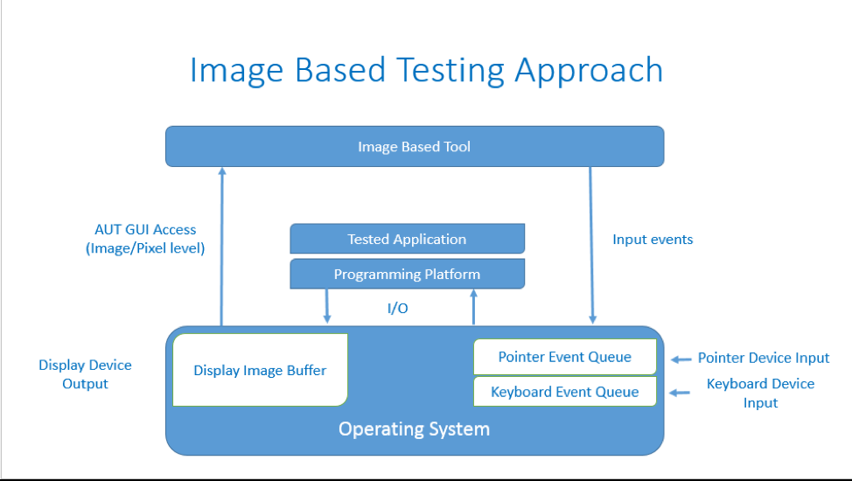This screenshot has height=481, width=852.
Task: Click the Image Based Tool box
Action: (x=414, y=147)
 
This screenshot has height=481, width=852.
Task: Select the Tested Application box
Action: (x=407, y=239)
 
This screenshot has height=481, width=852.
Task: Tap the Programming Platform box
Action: (x=407, y=275)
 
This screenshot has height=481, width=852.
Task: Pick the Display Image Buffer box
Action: (x=260, y=370)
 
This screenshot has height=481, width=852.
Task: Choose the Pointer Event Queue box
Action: (x=564, y=357)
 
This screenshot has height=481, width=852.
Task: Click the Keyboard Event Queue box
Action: (x=564, y=392)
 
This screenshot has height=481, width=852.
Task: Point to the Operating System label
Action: (x=414, y=429)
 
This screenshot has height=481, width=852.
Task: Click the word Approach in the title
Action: (x=589, y=70)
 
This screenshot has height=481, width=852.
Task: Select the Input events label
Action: (x=653, y=240)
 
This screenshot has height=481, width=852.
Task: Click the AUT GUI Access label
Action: (x=145, y=229)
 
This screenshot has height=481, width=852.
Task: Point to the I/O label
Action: (x=398, y=309)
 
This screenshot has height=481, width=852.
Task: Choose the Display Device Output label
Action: (x=85, y=374)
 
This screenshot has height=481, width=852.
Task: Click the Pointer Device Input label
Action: (x=764, y=358)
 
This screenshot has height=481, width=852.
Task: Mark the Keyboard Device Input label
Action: (x=760, y=393)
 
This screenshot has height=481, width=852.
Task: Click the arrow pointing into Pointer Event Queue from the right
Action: (x=681, y=359)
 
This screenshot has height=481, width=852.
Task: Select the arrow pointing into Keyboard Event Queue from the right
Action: (x=681, y=393)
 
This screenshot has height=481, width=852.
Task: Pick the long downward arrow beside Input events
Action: (x=592, y=245)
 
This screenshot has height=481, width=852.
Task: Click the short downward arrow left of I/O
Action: (x=327, y=305)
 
